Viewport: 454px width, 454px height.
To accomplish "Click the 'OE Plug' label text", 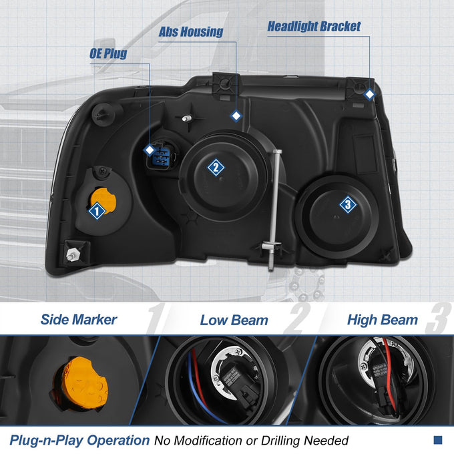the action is point(108,53).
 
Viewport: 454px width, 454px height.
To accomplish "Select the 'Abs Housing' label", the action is point(191,31).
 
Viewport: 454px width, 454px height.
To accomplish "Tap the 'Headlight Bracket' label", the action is point(314,26).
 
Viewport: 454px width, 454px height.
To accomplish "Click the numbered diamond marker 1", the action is point(97,211).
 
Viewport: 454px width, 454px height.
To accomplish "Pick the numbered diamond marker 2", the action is point(216,168).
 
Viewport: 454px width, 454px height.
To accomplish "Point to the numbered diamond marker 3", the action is point(348,204).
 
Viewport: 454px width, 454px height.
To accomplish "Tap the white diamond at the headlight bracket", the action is point(369,94).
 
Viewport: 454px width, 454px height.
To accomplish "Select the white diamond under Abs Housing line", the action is point(236,116).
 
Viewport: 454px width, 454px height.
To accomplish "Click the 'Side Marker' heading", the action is point(79,320).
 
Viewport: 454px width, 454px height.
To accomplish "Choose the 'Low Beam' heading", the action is point(234,320).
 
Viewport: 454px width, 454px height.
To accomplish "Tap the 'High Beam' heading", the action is point(382,320).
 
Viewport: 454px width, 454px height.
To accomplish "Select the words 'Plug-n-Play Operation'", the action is point(79,440).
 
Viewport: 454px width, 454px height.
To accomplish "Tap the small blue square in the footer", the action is point(438,440).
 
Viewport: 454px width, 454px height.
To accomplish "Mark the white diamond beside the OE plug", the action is point(150,150).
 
